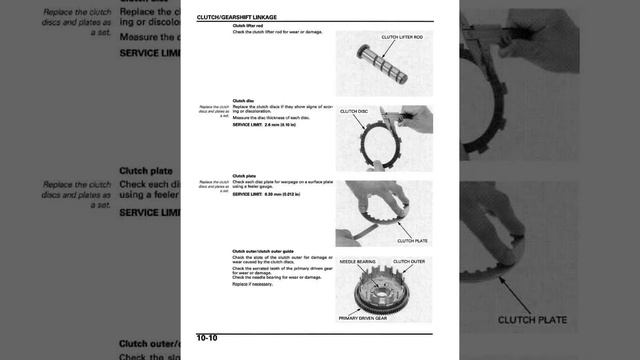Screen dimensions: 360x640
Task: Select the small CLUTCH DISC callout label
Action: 355,111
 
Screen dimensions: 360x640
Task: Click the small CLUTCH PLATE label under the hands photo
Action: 412,241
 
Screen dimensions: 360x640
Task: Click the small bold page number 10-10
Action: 207,339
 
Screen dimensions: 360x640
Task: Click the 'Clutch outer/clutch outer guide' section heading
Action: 263,251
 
